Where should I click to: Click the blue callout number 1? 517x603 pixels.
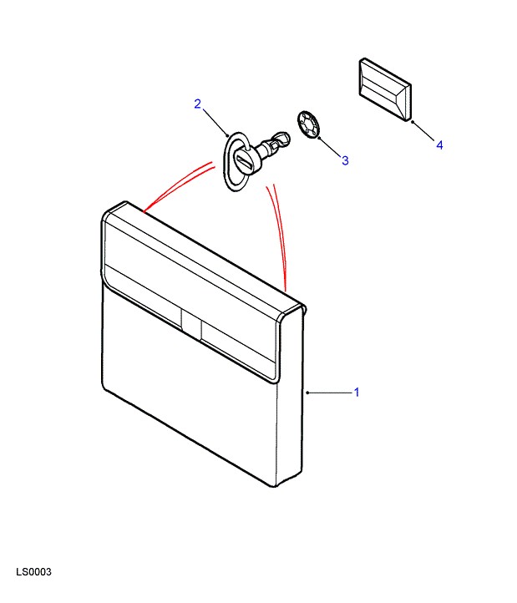point(357,393)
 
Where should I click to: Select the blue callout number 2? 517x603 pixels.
point(198,104)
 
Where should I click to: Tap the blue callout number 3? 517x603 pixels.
point(345,160)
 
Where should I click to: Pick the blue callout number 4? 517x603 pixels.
point(439,145)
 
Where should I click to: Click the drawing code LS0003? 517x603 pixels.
point(34,572)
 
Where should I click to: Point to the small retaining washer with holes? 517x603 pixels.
point(309,124)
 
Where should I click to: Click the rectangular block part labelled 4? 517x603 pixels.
point(385,89)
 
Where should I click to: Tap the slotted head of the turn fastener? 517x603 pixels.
point(245,160)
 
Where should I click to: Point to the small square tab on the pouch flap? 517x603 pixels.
point(191,324)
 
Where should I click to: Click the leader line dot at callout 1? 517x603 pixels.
point(307,393)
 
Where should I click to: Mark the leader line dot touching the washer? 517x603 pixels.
point(319,138)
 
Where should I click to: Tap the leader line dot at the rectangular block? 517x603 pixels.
point(413,122)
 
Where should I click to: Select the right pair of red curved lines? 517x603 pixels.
point(279,236)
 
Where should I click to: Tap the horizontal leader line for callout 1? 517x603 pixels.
point(330,393)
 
